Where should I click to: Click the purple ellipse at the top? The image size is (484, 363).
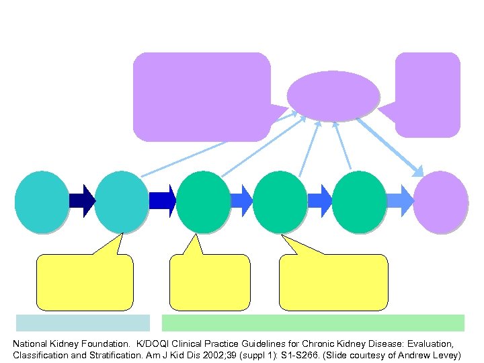(x=333, y=95)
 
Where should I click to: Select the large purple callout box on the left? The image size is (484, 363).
(x=202, y=96)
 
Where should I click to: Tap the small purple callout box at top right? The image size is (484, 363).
(x=428, y=94)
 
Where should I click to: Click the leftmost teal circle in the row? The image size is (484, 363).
(x=42, y=202)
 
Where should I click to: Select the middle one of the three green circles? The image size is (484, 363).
(x=280, y=202)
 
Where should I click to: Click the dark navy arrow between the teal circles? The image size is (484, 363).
(x=82, y=201)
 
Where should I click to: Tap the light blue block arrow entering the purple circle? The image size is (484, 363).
(x=399, y=201)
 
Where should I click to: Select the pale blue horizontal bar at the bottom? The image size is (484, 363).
(x=83, y=323)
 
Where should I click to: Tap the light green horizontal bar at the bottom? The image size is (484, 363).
(x=313, y=323)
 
